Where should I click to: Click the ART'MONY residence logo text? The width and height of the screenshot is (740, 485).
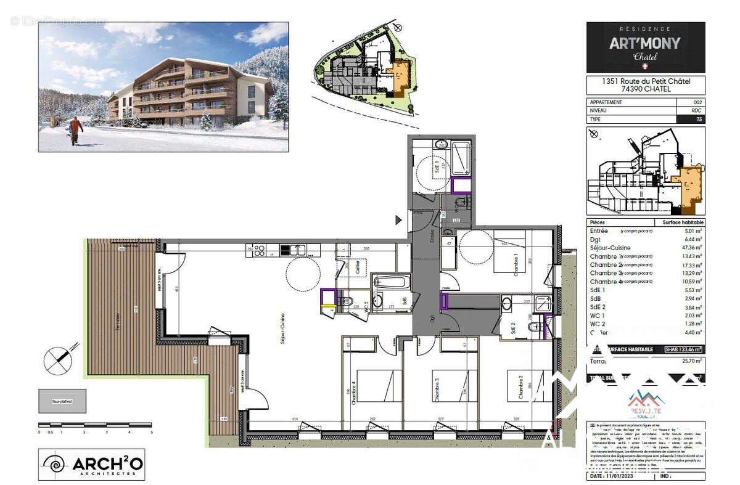click(x=645, y=43)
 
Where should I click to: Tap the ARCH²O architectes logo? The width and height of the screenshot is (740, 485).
click(x=92, y=464)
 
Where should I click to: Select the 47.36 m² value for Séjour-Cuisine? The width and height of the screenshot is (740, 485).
click(x=690, y=248)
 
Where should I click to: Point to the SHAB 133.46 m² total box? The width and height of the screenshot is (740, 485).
click(x=683, y=349)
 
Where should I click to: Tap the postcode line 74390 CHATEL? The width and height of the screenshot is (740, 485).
click(x=645, y=89)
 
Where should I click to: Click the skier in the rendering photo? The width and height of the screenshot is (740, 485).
click(x=75, y=130)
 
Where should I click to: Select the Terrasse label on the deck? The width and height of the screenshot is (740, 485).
click(x=117, y=322)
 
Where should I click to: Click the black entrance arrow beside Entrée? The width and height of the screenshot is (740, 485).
click(x=398, y=219)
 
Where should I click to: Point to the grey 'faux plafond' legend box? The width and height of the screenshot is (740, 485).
click(x=62, y=401)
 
